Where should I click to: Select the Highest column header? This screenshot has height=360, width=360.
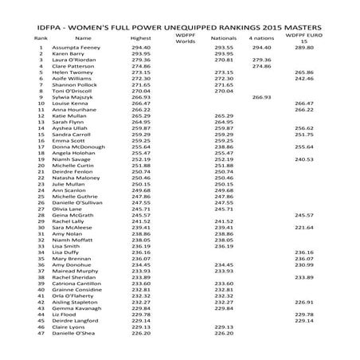pyautogui.click(x=141, y=38)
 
